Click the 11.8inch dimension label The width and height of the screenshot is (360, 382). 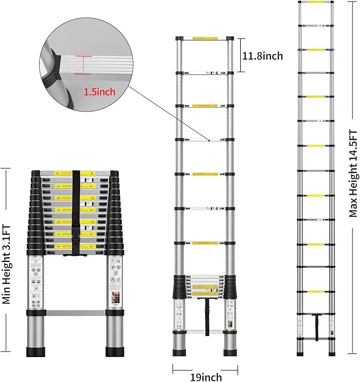[262, 55]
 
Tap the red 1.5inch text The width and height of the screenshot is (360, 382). [99, 92]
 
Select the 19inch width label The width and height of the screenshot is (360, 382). [206, 377]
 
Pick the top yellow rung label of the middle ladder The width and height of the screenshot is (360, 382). [205, 38]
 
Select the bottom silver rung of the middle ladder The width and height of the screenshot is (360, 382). [205, 333]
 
